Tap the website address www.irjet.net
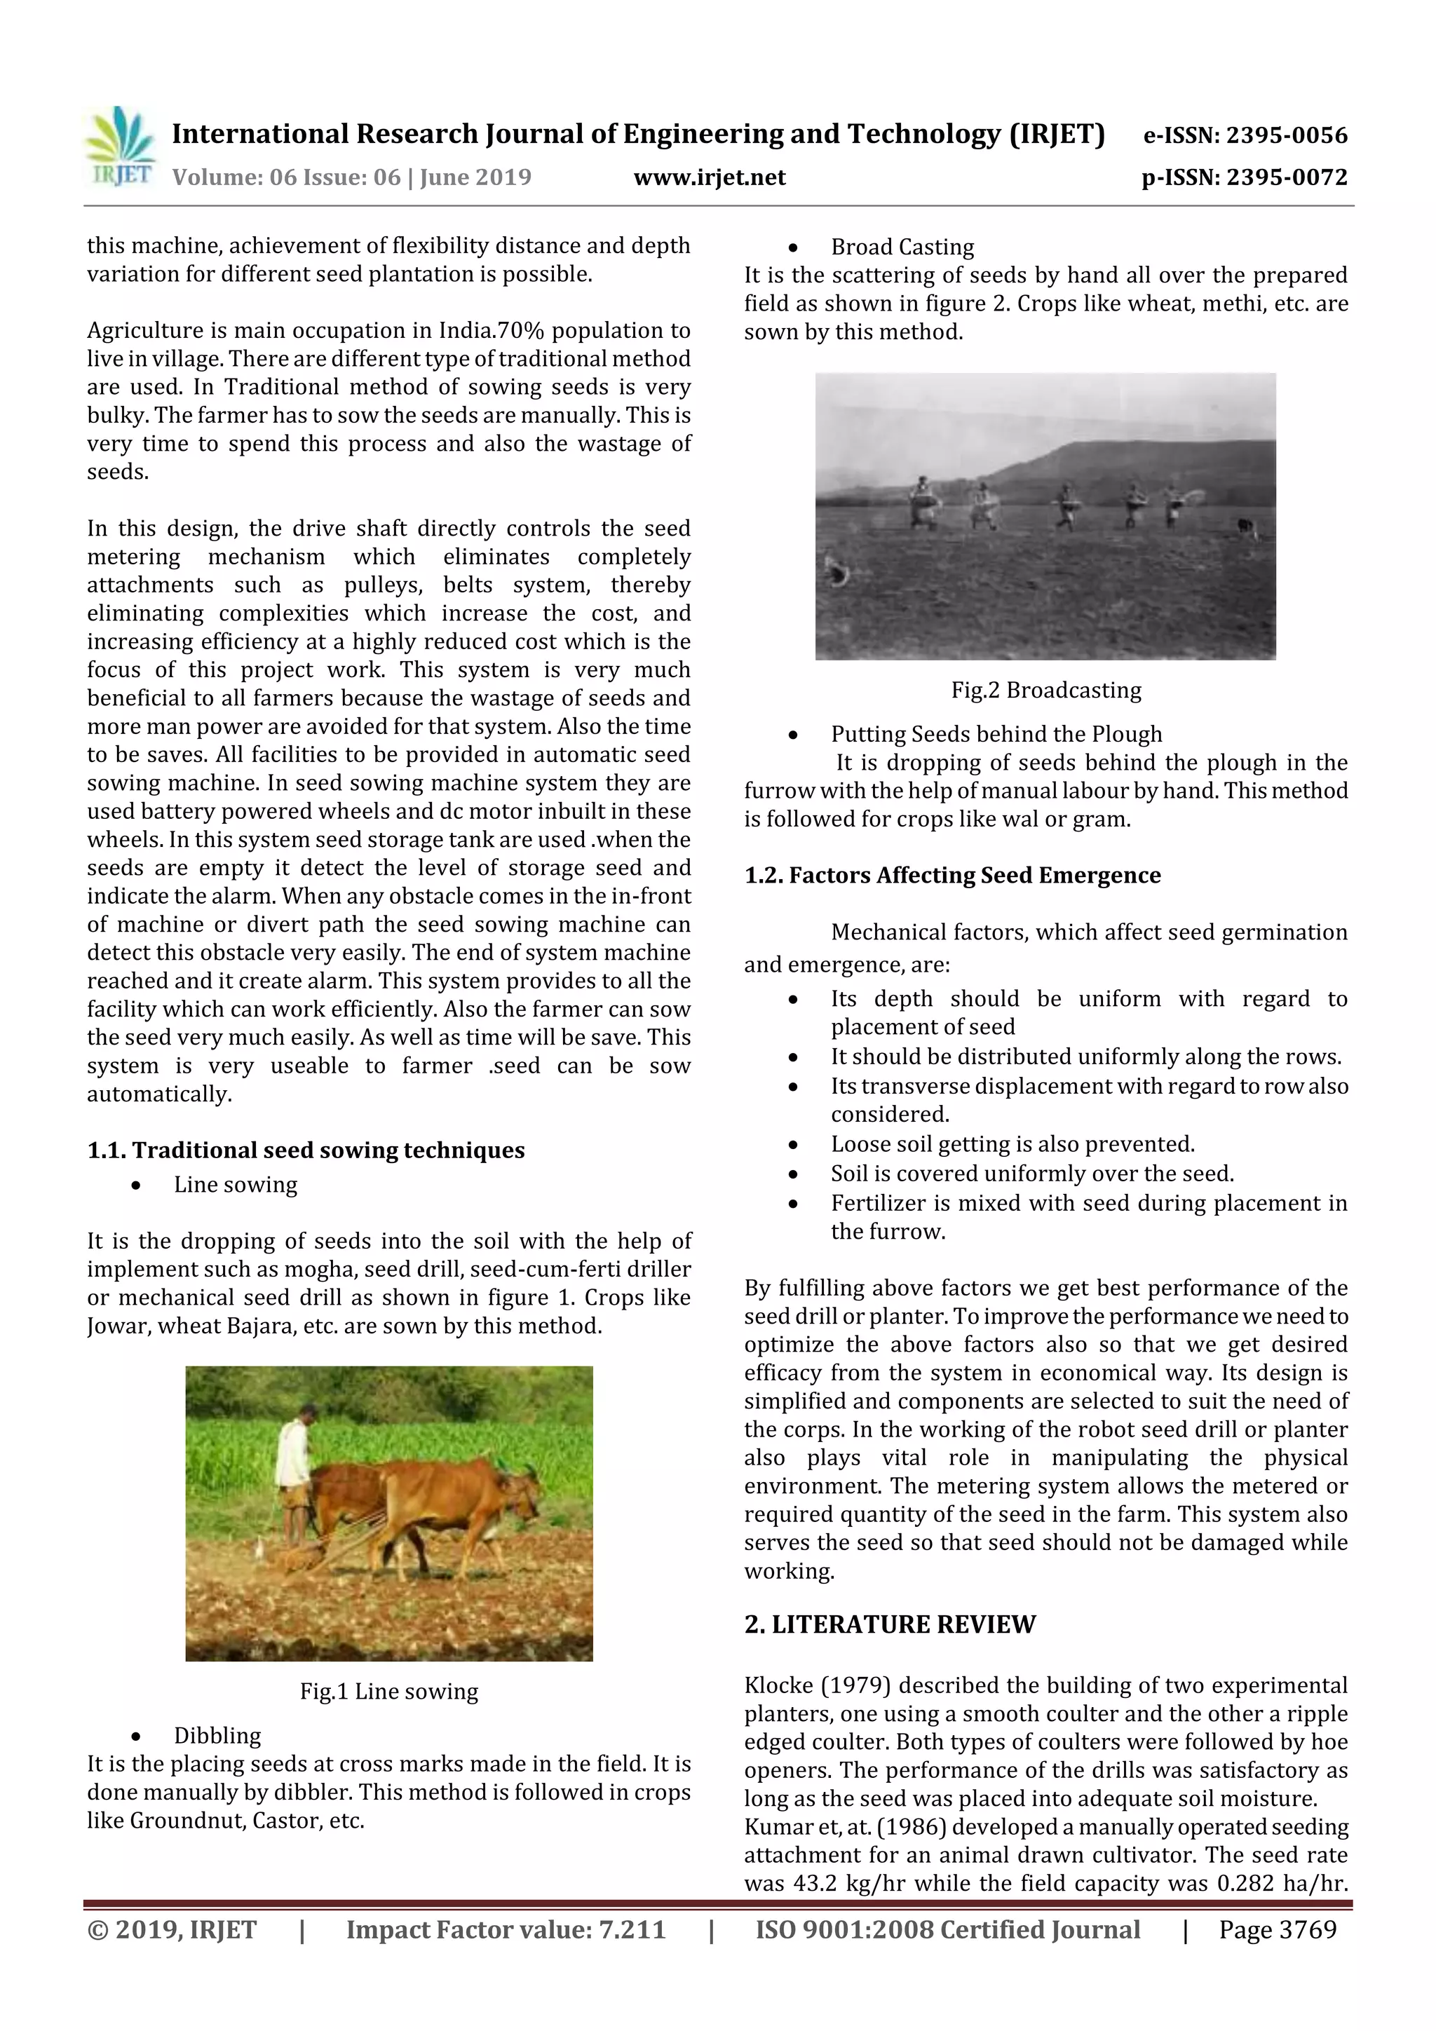[x=710, y=178]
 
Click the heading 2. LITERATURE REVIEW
[x=889, y=1625]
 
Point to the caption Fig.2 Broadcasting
[x=1046, y=690]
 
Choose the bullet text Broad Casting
[x=902, y=247]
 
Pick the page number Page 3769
[x=1277, y=1930]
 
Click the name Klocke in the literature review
[x=774, y=1686]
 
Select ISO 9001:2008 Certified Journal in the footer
[x=947, y=1930]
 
